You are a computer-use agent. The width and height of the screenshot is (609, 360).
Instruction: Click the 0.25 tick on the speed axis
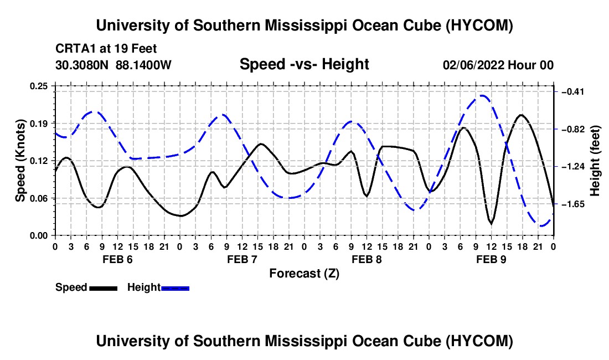[x=38, y=86]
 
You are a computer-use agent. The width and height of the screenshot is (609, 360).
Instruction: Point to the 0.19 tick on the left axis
[x=38, y=124]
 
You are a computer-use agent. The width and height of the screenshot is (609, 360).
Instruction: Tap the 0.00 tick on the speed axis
[x=38, y=236]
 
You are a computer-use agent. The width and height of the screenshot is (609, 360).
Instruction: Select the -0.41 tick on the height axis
[x=573, y=91]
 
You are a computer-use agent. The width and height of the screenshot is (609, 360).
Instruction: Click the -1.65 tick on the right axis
[x=573, y=204]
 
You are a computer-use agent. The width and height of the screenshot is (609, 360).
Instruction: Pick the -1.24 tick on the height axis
[x=573, y=167]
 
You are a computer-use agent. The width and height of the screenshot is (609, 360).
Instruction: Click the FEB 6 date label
[x=117, y=259]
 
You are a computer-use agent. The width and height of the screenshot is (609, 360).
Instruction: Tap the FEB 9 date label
[x=491, y=259]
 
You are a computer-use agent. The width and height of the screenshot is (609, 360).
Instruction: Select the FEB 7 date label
[x=242, y=259]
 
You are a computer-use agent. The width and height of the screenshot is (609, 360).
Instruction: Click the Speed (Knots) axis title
[x=20, y=161]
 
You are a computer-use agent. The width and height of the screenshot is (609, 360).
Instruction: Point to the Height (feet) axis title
[x=595, y=161]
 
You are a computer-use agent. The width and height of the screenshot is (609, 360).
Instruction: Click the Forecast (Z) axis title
[x=304, y=274]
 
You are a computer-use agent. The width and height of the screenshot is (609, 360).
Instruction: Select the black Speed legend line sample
[x=104, y=289]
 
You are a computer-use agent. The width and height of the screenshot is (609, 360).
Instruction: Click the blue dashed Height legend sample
[x=175, y=289]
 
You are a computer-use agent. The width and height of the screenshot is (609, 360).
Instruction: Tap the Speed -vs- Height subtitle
[x=304, y=64]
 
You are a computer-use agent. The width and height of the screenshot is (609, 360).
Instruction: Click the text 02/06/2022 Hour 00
[x=498, y=65]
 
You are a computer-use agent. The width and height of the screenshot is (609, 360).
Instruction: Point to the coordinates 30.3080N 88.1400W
[x=113, y=65]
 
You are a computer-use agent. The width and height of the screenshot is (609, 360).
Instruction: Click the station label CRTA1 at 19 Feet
[x=106, y=49]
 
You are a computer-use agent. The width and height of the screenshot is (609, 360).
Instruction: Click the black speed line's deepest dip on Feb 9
[x=491, y=224]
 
